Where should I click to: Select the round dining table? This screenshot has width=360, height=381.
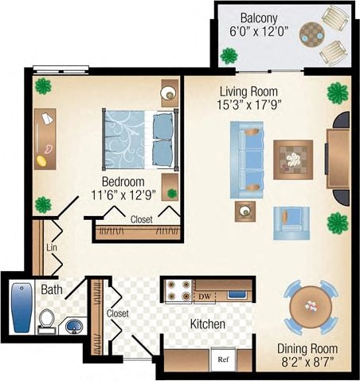pos(311,306)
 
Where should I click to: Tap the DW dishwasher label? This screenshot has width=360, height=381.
pos(205,297)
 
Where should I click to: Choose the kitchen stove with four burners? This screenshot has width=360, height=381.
pos(177,292)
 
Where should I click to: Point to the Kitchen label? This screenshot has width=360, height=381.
pos(207,324)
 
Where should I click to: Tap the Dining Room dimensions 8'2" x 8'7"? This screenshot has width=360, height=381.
pos(307,363)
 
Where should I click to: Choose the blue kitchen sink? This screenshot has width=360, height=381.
pos(236,294)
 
